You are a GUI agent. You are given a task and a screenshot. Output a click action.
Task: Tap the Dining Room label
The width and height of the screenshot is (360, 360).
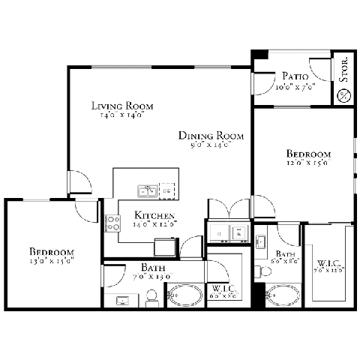(211, 136)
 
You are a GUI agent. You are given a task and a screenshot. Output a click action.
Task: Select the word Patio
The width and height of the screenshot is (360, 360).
(292, 76)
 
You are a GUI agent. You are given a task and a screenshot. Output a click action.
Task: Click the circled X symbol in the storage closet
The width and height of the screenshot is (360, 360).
(344, 94)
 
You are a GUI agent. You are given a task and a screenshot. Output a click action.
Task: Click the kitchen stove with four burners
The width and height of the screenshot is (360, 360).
(112, 222)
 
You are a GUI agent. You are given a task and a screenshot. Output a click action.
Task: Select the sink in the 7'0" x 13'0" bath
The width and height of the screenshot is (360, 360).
(122, 301)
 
